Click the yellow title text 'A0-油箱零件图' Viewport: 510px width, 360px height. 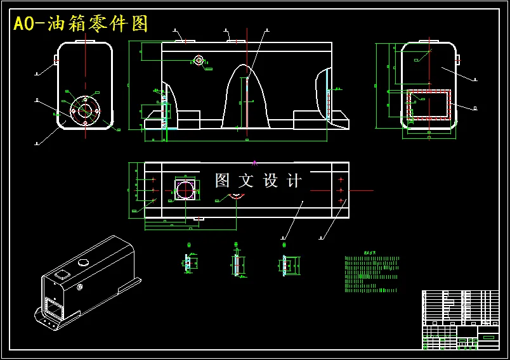81,24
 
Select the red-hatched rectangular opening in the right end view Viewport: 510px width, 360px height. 429,105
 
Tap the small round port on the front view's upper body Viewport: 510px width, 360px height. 199,60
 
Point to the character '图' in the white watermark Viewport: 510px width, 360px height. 222,181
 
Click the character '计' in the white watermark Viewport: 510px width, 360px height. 294,181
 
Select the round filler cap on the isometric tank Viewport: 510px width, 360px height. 82,262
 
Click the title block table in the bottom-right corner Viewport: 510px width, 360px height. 460,319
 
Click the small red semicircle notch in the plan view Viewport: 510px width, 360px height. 235,196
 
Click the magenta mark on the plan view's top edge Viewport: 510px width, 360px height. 254,163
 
